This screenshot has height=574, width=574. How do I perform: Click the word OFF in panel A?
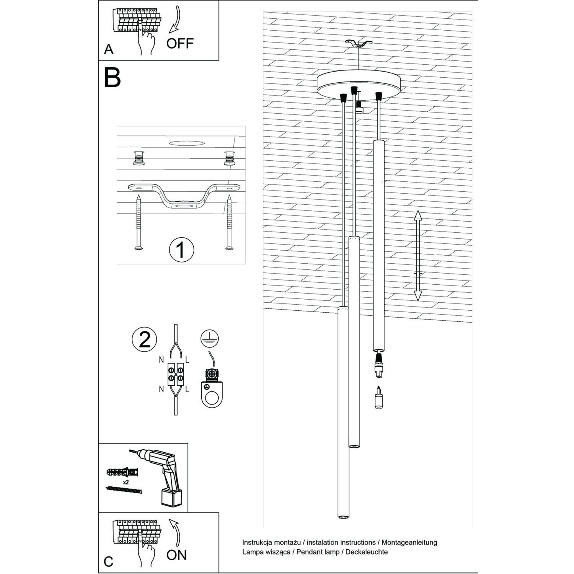180,43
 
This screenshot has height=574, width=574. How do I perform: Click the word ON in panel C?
176,554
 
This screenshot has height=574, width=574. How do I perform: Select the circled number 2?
144,339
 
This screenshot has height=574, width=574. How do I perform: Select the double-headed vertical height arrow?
417,255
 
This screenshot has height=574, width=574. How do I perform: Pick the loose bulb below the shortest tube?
378,398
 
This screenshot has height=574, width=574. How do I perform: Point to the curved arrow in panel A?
176,20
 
